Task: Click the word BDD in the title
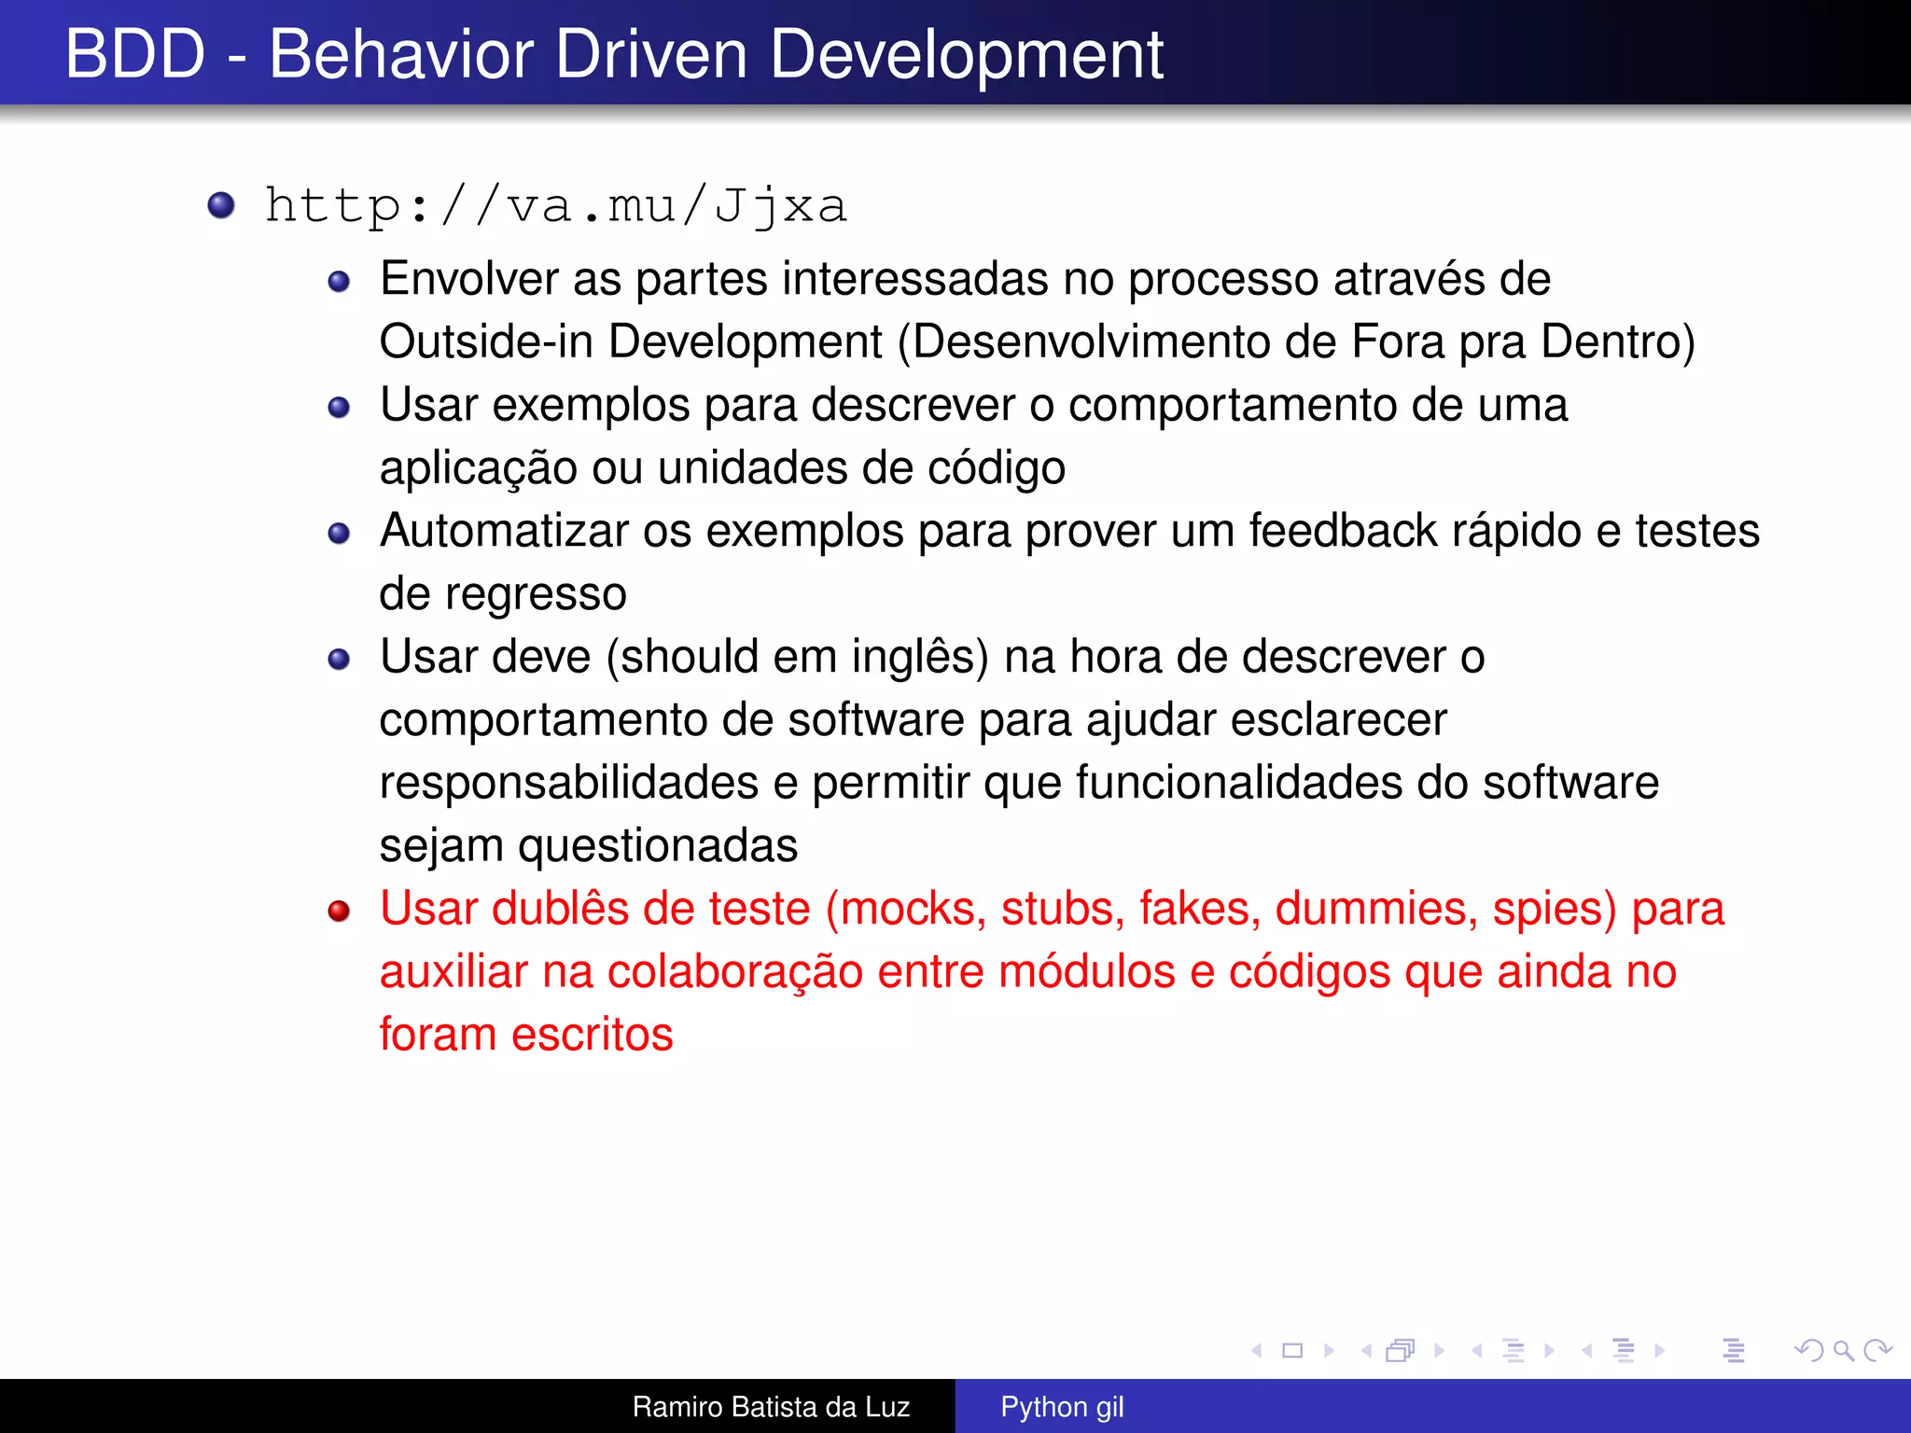click(x=135, y=54)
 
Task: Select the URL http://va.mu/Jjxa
click(x=556, y=205)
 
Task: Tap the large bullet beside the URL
click(x=221, y=204)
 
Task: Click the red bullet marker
click(x=339, y=911)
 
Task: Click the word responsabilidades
click(x=568, y=783)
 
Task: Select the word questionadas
click(x=658, y=846)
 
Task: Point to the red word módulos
click(x=1086, y=972)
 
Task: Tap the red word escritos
click(x=592, y=1035)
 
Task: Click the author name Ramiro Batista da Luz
click(x=771, y=1407)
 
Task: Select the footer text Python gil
click(x=1062, y=1407)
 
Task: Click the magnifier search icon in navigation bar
click(x=1843, y=1350)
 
